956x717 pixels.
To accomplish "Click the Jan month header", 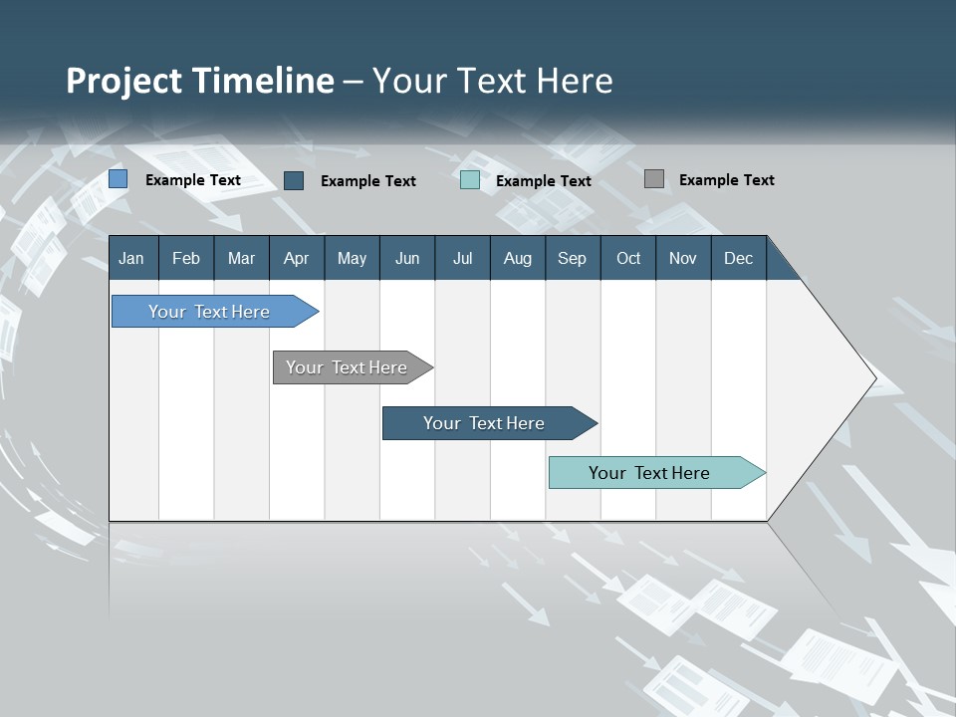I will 132,258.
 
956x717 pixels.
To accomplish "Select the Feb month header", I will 186,258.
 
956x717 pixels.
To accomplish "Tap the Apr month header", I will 296,258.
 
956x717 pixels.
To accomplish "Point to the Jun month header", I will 407,258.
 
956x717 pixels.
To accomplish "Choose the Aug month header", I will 518,258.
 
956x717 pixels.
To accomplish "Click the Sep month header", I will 573,258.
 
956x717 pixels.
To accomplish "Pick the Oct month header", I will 628,258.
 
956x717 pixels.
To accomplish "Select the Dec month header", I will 739,258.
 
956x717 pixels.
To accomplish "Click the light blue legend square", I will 119,179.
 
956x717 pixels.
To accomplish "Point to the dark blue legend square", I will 294,180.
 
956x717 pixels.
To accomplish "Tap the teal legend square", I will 470,180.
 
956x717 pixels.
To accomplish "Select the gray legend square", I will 654,179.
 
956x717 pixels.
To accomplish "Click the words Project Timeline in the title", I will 200,81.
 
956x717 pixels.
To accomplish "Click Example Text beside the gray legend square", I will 727,180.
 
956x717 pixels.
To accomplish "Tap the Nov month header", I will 683,258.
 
